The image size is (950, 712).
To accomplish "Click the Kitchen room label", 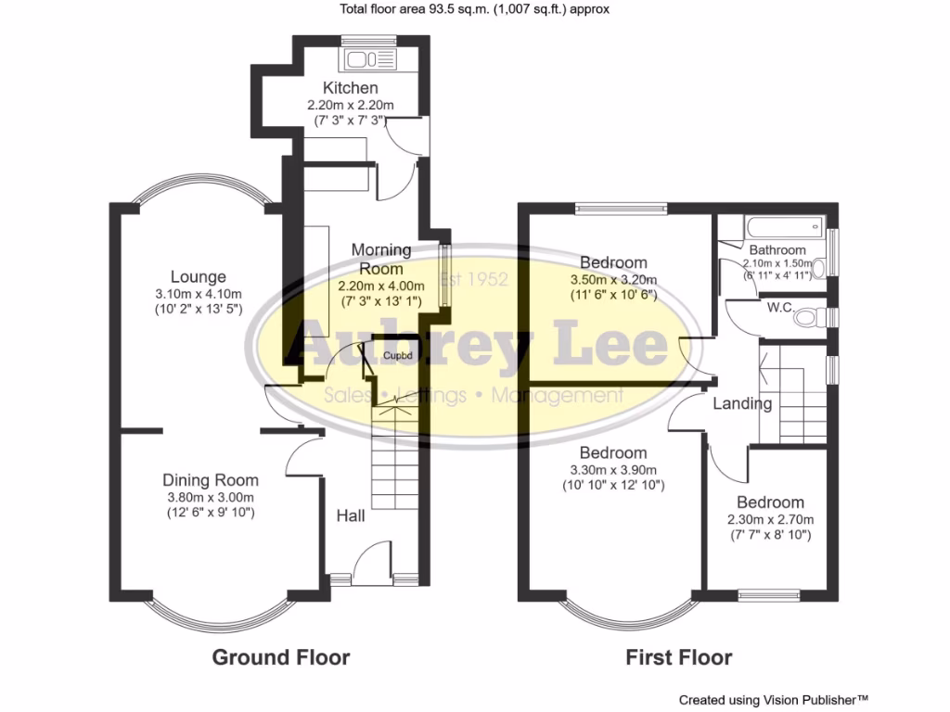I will coord(350,88).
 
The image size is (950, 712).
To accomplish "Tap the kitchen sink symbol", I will coord(369,61).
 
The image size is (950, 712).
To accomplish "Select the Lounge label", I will coord(199,276).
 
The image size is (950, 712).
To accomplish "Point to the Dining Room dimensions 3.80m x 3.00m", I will coord(211,496).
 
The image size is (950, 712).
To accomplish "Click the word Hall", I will coord(351,515).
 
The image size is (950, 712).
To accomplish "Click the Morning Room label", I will coord(380,259).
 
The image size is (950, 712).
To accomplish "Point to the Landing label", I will coord(742,403).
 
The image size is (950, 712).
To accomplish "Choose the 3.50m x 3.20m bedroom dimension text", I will coord(613,280).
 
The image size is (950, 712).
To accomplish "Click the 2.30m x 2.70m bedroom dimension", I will coord(770,519).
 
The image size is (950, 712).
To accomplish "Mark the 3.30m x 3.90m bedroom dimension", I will coord(613,470).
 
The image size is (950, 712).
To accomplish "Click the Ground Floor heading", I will coord(281,657).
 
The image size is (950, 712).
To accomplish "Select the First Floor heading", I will coord(678,657).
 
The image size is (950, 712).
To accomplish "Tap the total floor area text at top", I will coord(474,9).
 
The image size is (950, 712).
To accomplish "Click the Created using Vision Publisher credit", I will coord(774,700).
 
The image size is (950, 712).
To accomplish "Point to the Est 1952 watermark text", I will coord(474,280).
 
